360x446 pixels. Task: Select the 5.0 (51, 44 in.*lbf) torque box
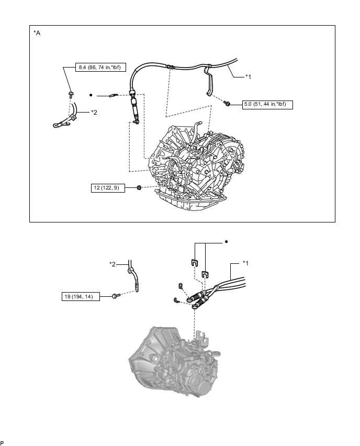[x=267, y=105]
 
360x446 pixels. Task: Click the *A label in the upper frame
[x=37, y=33]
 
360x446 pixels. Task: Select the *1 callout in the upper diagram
[x=249, y=76]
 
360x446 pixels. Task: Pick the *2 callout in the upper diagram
[x=94, y=112]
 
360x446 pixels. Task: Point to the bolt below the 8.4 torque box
[x=70, y=94]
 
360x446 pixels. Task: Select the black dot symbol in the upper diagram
[x=91, y=95]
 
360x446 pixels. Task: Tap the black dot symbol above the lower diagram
[x=226, y=242]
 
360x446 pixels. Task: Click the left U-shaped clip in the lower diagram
[x=194, y=263]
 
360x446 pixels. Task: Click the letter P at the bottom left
[x=3, y=442]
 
